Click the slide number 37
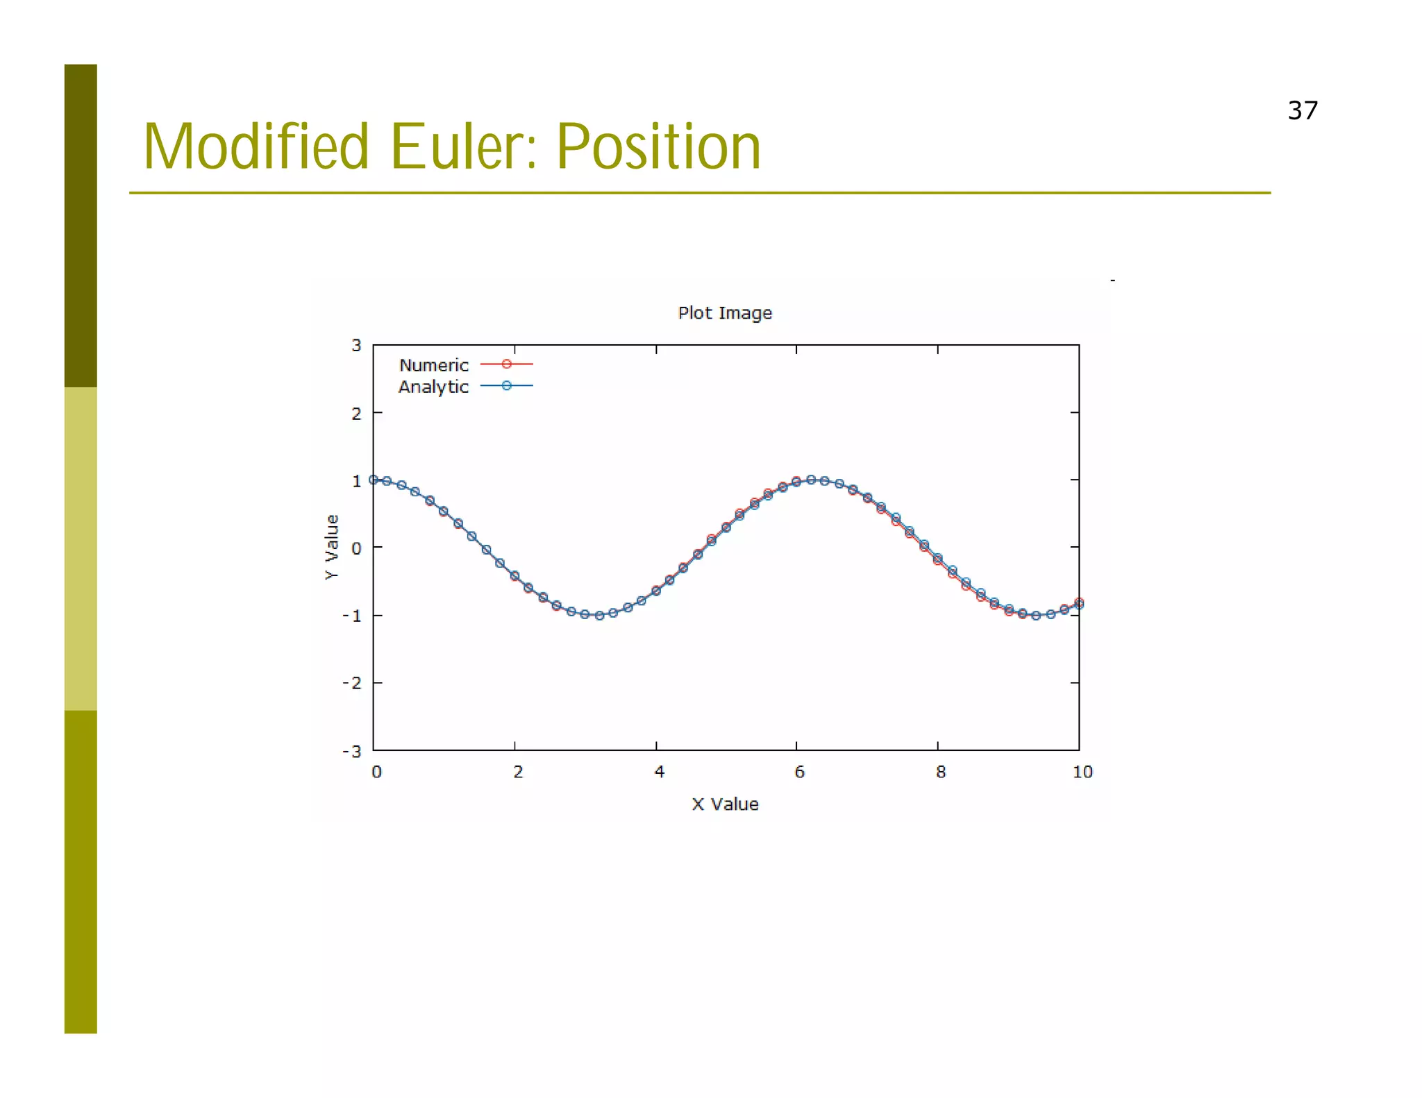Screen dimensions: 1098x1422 [1302, 111]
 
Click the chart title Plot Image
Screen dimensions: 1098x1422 [724, 313]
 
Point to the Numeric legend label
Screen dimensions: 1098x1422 [433, 365]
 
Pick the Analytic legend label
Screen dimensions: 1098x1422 [433, 387]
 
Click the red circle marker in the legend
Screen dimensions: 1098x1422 [506, 364]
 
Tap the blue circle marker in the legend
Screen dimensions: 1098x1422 [506, 385]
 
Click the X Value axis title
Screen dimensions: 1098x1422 [724, 804]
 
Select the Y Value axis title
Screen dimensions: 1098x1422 [332, 547]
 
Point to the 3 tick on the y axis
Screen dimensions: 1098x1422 [356, 346]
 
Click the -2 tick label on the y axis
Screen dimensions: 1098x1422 [352, 683]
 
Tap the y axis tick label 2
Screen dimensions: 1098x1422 [356, 414]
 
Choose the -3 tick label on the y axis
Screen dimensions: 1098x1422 [352, 751]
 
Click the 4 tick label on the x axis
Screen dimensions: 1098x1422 [659, 772]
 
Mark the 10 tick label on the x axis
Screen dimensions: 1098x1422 [1082, 772]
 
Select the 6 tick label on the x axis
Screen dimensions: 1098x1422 [799, 772]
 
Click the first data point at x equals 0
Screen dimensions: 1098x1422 [374, 480]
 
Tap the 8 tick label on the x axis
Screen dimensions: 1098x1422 [940, 772]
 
